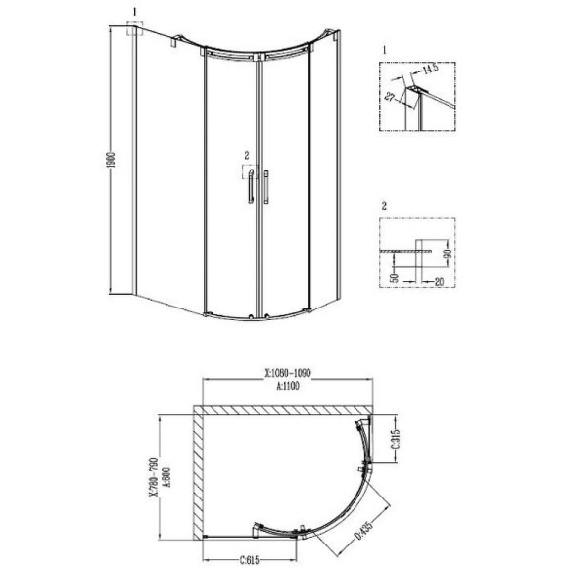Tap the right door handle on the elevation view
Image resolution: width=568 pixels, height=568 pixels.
(265, 185)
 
